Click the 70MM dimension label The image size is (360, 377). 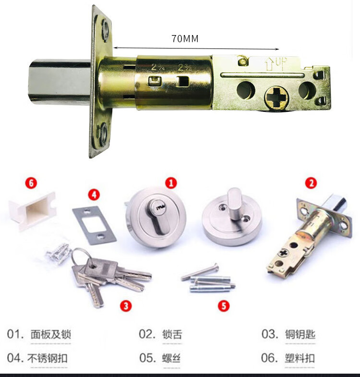[x=185, y=38]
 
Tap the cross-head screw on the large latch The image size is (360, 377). [x=276, y=97]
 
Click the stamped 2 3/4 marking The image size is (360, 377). [x=157, y=67]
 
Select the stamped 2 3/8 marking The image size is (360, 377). [x=185, y=67]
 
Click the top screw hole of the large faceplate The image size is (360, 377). [x=105, y=30]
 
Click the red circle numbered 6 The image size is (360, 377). [x=31, y=183]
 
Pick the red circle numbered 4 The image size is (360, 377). [x=94, y=195]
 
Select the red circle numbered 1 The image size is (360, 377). [x=171, y=183]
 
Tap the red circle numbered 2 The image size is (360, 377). [x=311, y=183]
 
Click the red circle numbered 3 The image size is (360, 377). [x=126, y=306]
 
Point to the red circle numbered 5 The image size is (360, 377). [x=224, y=306]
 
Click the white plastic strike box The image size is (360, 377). [x=33, y=210]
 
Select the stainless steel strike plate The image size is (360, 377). [x=95, y=225]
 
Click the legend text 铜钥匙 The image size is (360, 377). [x=300, y=334]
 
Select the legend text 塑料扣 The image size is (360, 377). [x=300, y=358]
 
